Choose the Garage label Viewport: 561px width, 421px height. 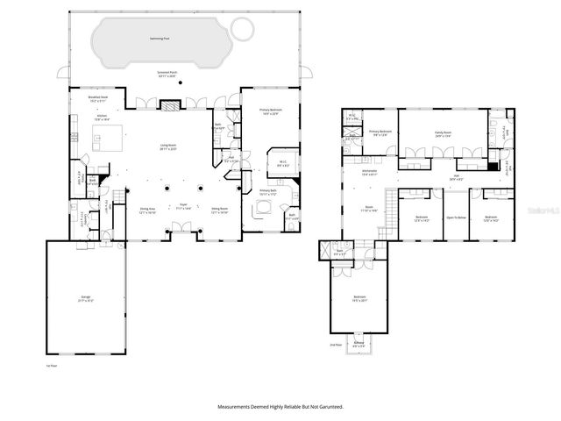(x=85, y=299)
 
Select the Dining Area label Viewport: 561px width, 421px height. (x=147, y=210)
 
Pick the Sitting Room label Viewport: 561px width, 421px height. (x=219, y=210)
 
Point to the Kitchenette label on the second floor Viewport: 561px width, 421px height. (x=370, y=173)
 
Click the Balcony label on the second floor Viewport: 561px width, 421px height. (x=359, y=344)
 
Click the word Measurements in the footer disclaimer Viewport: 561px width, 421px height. (x=238, y=407)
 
